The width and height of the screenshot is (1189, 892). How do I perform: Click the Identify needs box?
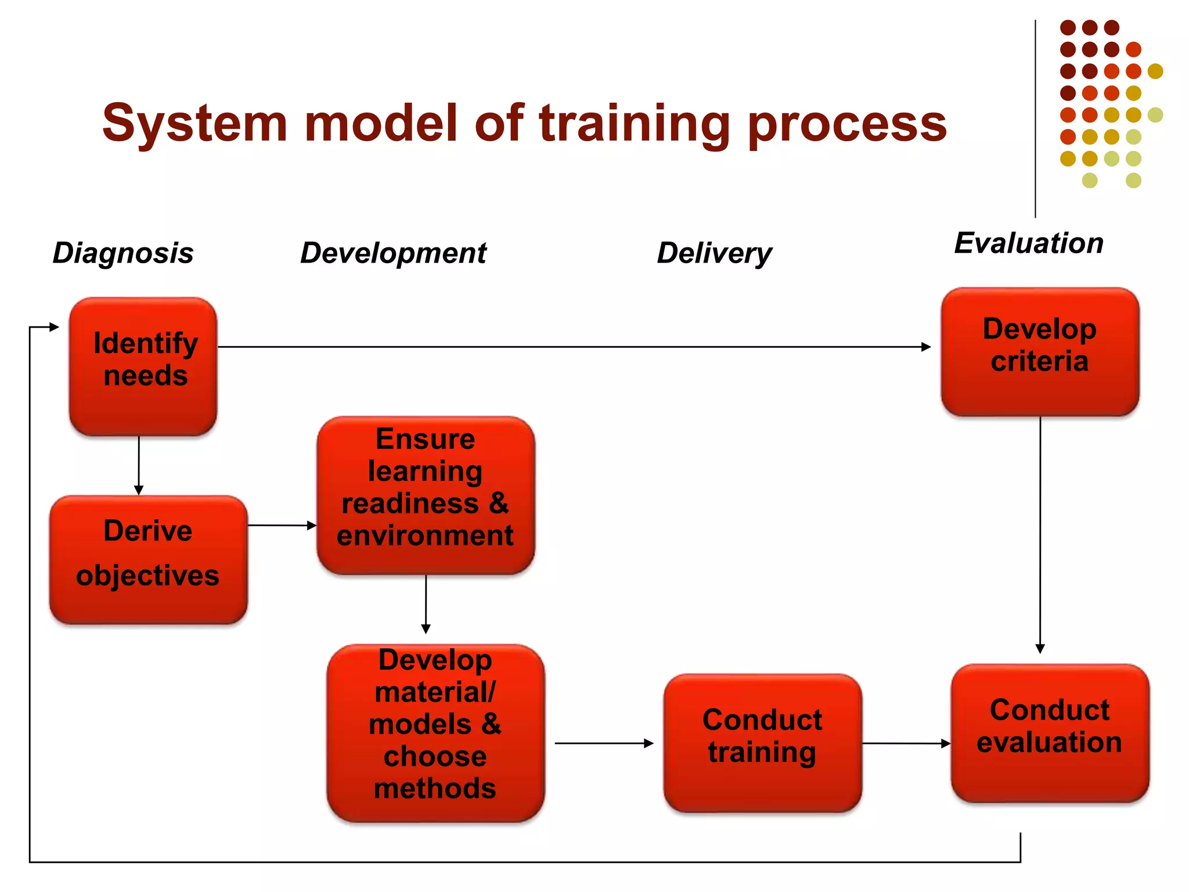pos(143,366)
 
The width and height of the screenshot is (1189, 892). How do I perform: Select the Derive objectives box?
pos(149,559)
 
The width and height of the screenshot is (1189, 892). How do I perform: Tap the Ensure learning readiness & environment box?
pos(426,495)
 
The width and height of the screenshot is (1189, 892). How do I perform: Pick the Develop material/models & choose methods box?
pos(435,732)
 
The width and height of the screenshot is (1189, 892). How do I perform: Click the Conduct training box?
pos(762,742)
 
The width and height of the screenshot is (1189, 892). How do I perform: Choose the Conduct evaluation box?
pos(1050,733)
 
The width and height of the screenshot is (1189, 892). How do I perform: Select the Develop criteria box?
pos(1039,351)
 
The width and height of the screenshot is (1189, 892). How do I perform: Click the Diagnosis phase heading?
pos(123,253)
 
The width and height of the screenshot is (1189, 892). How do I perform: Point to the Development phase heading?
pos(393,253)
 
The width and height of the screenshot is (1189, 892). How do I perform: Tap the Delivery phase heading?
pos(714,253)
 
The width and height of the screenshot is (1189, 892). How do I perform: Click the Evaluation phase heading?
pos(1029,243)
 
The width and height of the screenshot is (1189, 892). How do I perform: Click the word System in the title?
pos(194,123)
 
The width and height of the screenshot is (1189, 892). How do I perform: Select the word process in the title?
pos(847,124)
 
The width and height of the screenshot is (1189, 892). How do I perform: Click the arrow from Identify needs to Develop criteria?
pos(575,347)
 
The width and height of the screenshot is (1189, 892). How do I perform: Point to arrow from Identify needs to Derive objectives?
pos(139,465)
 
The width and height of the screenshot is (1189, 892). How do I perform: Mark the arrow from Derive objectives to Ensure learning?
pos(282,526)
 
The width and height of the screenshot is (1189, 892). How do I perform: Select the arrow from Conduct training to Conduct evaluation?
pos(906,743)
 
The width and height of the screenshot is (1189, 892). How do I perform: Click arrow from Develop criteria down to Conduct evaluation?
pos(1040,534)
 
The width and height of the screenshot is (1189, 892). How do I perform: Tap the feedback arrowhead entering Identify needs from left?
pos(54,327)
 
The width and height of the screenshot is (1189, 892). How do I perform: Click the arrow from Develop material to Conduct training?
pos(604,743)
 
